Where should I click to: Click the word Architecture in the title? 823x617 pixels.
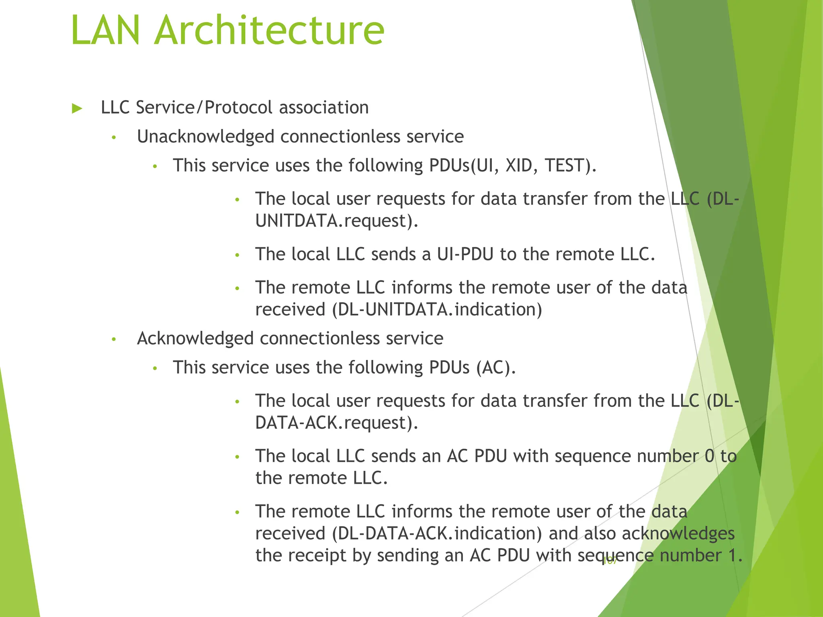point(269,31)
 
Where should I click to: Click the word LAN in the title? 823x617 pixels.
point(106,31)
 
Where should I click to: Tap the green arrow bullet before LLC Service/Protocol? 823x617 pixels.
point(77,108)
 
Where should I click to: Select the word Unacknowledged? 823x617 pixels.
point(206,137)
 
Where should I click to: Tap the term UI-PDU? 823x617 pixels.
point(465,254)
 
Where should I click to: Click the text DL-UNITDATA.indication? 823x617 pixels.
point(437,310)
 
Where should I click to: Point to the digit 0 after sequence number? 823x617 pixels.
point(710,456)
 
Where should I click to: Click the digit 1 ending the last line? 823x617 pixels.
point(733,556)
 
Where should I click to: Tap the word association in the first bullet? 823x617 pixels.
point(323,108)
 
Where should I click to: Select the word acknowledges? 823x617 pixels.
point(678,533)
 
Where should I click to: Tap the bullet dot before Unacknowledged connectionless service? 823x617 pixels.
point(114,138)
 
